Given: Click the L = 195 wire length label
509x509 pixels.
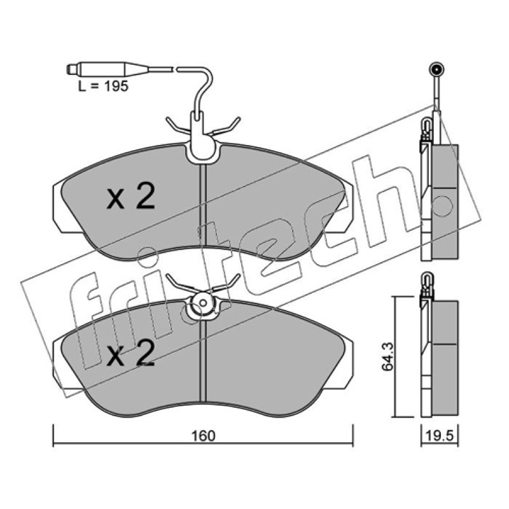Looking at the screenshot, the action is pyautogui.click(x=104, y=86).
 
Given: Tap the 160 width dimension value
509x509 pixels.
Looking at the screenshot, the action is pyautogui.click(x=203, y=436).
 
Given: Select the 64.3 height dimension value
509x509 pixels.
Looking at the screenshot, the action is pyautogui.click(x=387, y=356).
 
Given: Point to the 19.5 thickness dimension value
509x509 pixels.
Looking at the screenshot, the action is pyautogui.click(x=440, y=436).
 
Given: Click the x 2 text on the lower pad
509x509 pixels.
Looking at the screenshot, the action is pyautogui.click(x=131, y=354).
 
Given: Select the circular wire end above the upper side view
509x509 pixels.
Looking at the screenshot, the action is pyautogui.click(x=435, y=69).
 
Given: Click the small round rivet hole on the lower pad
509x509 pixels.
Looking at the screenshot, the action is pyautogui.click(x=203, y=303).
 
